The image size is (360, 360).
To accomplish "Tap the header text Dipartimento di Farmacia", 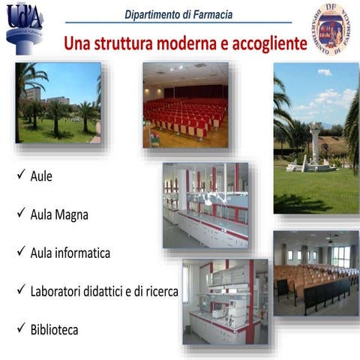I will pyautogui.click(x=178, y=14).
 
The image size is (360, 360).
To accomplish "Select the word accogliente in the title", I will pyautogui.click(x=268, y=43).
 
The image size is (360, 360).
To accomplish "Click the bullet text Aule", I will pyautogui.click(x=41, y=178).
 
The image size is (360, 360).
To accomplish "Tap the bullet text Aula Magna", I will pyautogui.click(x=59, y=215).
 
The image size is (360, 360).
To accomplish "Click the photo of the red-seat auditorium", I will pyautogui.click(x=185, y=104).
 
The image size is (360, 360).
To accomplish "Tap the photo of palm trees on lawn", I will pyautogui.click(x=58, y=103).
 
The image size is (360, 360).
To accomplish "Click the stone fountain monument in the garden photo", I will pyautogui.click(x=314, y=146).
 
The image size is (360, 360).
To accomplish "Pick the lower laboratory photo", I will pyautogui.click(x=224, y=301).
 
